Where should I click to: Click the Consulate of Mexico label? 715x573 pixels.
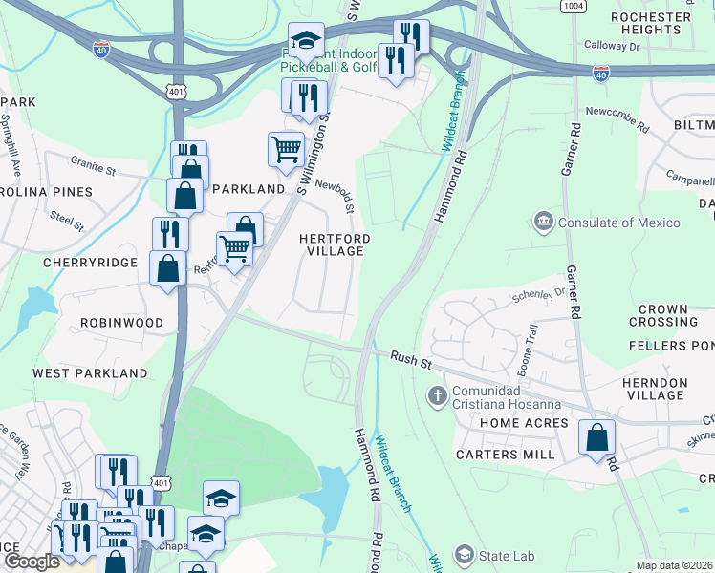click(619, 223)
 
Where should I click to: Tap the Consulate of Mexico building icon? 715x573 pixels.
click(544, 223)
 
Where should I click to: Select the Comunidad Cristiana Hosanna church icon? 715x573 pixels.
click(438, 394)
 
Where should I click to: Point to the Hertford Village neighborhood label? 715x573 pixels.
click(334, 244)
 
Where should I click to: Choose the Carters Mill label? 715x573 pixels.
click(506, 455)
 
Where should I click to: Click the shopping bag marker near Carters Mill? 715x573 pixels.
click(597, 439)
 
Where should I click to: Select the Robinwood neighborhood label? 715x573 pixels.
click(122, 323)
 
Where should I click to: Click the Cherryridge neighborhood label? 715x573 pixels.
click(89, 262)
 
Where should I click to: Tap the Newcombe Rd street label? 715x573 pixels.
click(617, 114)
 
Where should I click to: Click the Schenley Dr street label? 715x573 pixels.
click(539, 294)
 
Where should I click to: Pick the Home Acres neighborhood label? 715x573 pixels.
click(524, 423)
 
